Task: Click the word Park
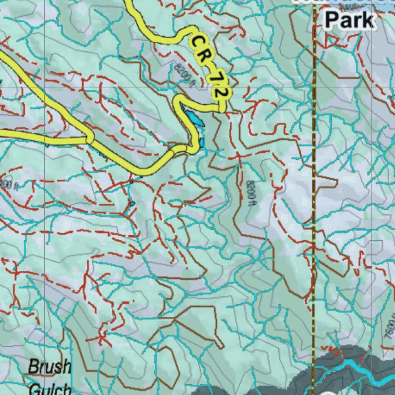point(349,20)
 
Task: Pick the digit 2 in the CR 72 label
point(221,93)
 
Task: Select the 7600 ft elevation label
point(390,328)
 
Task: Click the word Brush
point(50,366)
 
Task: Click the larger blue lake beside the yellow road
point(194,118)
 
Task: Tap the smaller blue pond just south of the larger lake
point(201,143)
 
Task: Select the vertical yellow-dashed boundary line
point(314,193)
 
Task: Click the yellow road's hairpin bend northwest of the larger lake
point(178,101)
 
